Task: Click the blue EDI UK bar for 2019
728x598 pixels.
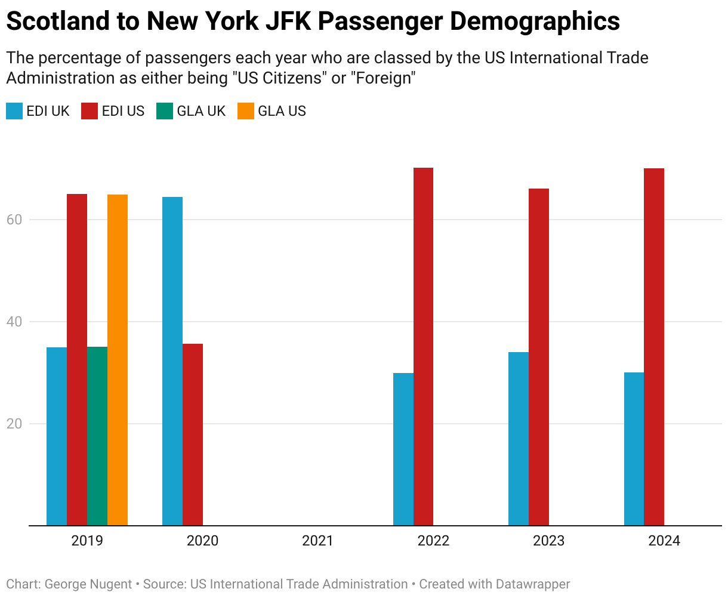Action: pos(57,436)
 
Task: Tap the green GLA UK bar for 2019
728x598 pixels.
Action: pos(97,436)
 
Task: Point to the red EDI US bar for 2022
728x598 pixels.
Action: pos(424,347)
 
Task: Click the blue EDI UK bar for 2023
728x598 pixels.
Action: pos(519,439)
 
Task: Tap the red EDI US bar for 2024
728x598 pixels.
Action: pos(654,347)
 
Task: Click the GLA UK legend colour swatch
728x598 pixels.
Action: pos(165,111)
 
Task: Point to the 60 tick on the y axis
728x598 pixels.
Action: pos(14,220)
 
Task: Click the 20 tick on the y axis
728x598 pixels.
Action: pos(14,424)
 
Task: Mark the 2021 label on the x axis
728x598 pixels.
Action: pos(317,541)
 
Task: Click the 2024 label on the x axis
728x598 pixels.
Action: pos(664,541)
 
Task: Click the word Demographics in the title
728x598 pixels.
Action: pos(535,22)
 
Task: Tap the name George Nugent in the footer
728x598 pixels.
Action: pos(88,584)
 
